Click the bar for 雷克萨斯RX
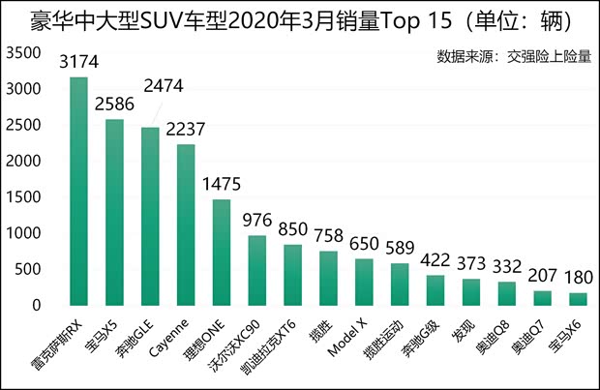pos(79,192)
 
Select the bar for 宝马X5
pos(114,213)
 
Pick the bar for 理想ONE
pos(221,253)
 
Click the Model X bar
pos(363,282)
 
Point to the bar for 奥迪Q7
pos(542,298)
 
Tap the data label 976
pos(258,220)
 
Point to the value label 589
pos(401,248)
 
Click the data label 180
pos(578,277)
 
